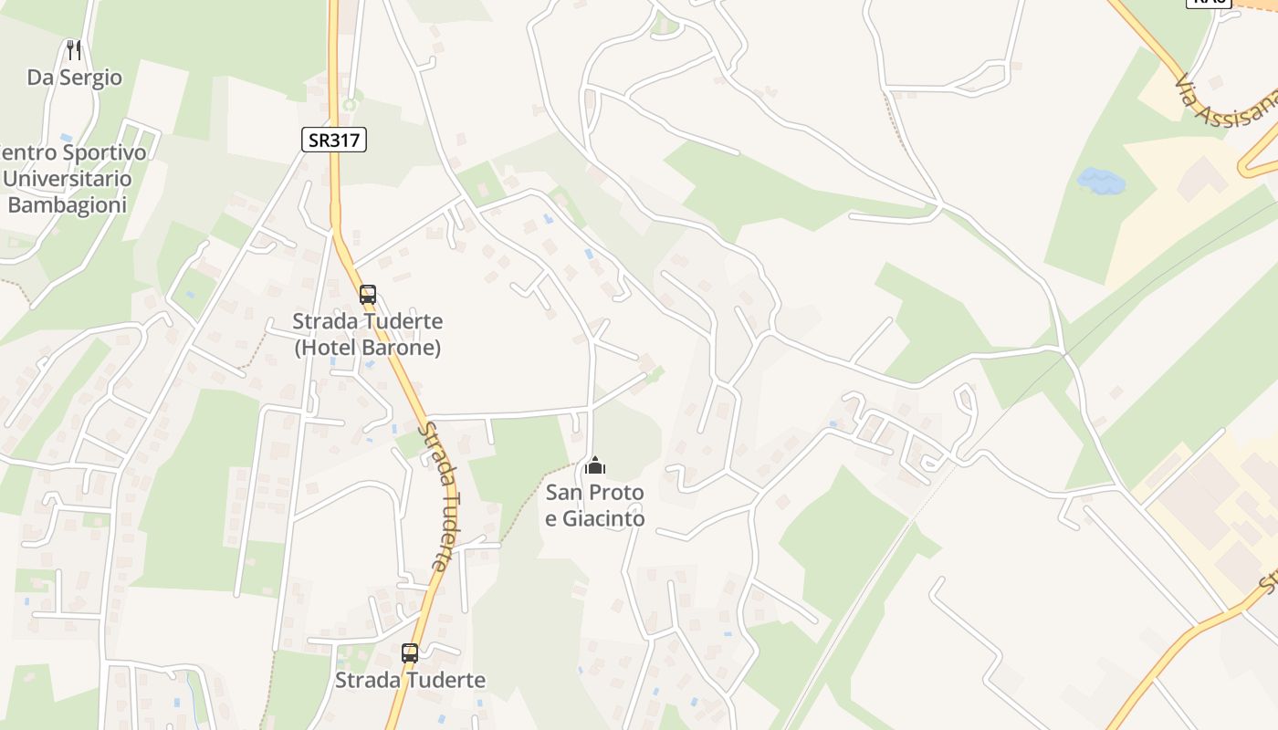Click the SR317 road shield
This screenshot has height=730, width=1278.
click(334, 140)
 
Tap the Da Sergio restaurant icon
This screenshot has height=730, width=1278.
click(74, 50)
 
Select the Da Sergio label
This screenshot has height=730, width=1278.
click(74, 78)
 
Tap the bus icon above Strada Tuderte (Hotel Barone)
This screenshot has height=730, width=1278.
click(368, 295)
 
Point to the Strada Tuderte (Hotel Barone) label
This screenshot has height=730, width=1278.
click(367, 334)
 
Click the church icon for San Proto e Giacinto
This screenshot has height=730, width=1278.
click(595, 466)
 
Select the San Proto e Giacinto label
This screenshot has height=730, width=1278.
click(595, 506)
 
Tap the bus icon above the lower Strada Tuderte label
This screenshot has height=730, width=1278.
click(410, 653)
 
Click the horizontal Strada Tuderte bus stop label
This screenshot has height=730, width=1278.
click(410, 680)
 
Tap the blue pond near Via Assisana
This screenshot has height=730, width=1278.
click(1101, 180)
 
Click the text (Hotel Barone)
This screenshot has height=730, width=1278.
click(367, 348)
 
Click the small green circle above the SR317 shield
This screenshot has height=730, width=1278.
click(349, 105)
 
